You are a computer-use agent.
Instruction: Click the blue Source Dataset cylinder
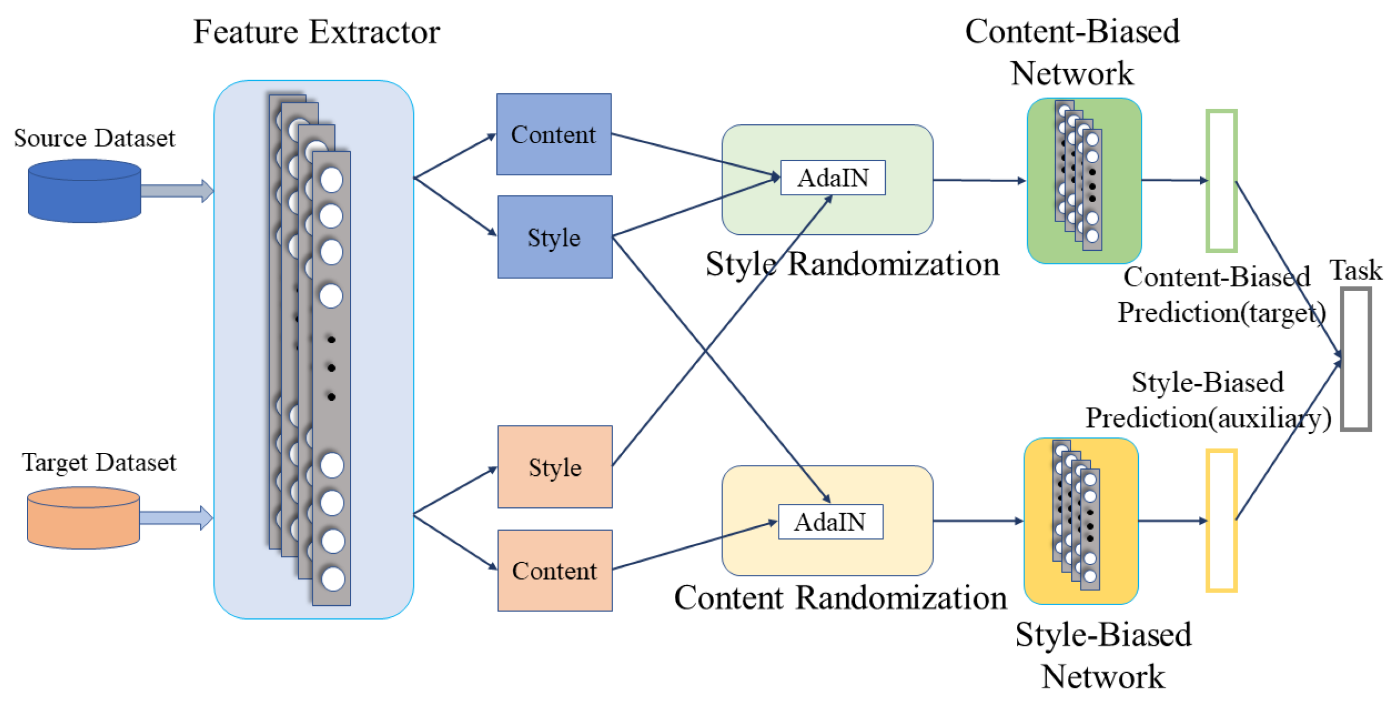click(x=85, y=191)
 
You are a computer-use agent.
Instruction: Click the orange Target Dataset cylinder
click(x=84, y=518)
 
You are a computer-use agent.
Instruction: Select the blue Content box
click(x=554, y=134)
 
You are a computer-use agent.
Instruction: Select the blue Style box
click(x=555, y=237)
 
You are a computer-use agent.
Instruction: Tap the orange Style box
click(x=555, y=467)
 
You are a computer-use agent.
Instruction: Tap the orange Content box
click(x=555, y=570)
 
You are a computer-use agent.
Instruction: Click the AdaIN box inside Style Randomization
click(x=833, y=178)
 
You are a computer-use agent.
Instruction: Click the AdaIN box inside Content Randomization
click(x=831, y=522)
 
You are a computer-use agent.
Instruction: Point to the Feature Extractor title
click(x=317, y=31)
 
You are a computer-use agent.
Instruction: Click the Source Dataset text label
click(x=94, y=138)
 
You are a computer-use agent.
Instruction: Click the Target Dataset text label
click(x=99, y=462)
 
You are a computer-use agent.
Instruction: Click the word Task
click(x=1356, y=270)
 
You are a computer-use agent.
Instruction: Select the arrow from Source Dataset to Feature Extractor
click(x=177, y=191)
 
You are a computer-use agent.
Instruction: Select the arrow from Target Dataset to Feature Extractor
click(x=176, y=518)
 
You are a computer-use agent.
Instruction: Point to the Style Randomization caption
click(x=853, y=265)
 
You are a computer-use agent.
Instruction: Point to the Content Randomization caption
click(x=840, y=598)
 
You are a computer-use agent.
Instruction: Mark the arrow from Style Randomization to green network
click(x=980, y=180)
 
